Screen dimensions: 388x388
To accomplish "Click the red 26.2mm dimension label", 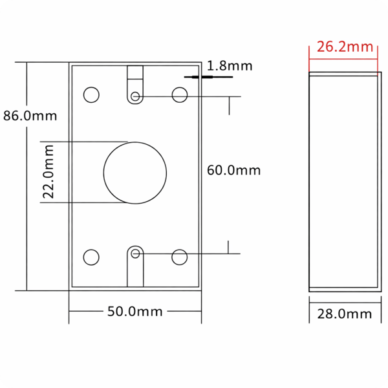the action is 345,47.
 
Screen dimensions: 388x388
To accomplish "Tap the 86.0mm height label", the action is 30,116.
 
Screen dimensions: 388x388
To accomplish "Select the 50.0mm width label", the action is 135,311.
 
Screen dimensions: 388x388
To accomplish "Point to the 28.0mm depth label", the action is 345,314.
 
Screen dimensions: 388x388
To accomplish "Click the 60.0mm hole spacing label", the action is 233,170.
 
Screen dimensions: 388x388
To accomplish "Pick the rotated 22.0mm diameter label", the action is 48,172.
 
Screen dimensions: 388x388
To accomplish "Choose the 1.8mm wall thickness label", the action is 230,66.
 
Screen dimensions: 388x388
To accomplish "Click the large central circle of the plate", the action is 135,142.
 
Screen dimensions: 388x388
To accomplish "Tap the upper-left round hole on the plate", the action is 91,87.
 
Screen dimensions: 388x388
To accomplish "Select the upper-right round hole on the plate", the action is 180,87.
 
